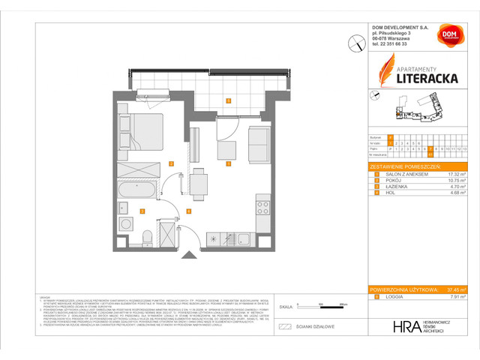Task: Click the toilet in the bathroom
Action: click(148, 238)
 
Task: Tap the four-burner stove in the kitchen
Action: click(262, 204)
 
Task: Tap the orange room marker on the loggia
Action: click(229, 100)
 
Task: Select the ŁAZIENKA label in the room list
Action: click(394, 187)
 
